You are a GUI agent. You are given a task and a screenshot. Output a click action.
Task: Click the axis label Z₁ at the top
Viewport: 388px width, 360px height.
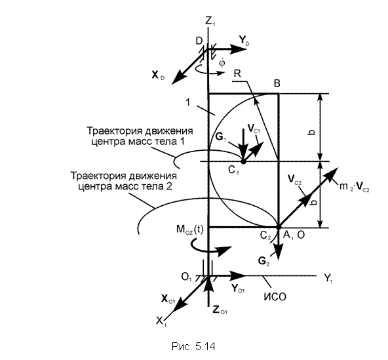(210, 21)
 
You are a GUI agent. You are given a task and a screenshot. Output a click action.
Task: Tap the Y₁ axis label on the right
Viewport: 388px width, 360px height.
(328, 278)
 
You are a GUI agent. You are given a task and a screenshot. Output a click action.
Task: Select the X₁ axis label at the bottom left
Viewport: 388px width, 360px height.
(161, 322)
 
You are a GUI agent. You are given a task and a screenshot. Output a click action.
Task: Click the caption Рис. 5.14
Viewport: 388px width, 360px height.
(193, 346)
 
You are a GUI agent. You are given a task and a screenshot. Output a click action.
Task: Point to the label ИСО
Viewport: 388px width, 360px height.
(275, 297)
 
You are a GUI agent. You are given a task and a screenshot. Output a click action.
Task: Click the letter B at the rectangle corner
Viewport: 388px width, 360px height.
(277, 83)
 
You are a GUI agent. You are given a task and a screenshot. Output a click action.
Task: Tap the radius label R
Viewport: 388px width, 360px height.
(237, 73)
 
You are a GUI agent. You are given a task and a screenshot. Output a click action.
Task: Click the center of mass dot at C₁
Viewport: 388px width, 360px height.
(243, 161)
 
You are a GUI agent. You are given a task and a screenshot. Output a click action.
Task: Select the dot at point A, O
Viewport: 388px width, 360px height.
(279, 226)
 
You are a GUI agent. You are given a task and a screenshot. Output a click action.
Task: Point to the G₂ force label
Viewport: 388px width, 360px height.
(263, 261)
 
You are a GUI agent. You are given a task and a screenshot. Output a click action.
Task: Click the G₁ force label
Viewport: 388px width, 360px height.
(221, 137)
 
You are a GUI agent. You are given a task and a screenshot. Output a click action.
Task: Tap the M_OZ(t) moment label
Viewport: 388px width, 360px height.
(190, 230)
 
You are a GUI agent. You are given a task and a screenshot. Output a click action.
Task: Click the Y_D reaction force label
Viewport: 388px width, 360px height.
(244, 41)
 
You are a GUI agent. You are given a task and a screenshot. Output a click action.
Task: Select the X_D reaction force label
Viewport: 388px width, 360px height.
(157, 75)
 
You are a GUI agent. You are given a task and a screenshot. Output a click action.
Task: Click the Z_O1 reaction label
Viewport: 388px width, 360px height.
(220, 310)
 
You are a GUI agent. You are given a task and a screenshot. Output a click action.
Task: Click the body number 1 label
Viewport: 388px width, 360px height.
(188, 102)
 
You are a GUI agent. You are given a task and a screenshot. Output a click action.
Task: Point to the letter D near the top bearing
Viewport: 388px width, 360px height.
(199, 41)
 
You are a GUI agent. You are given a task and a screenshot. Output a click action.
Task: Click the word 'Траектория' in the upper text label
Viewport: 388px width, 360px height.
(114, 130)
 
